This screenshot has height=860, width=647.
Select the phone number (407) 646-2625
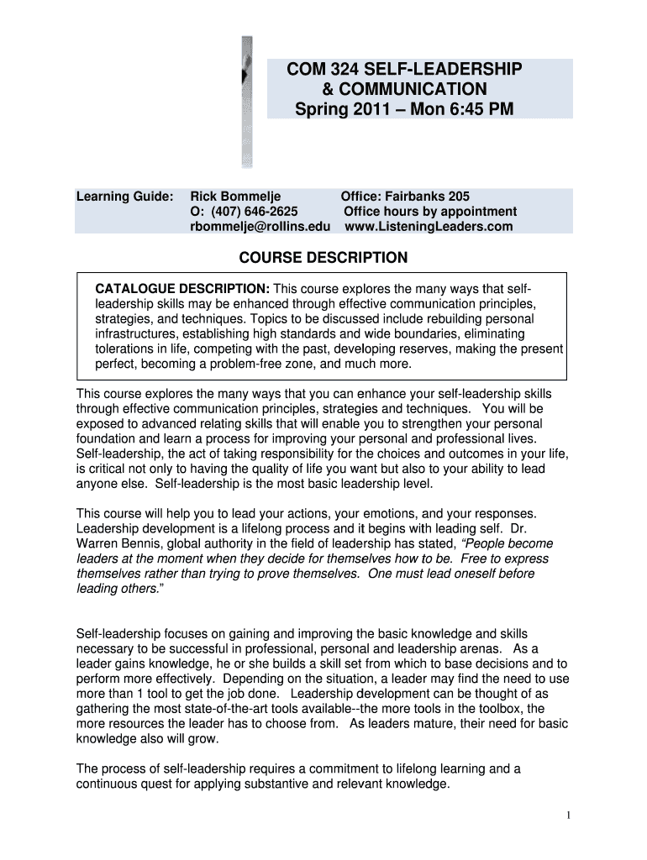click(x=244, y=211)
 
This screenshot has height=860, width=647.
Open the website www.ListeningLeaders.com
click(x=429, y=226)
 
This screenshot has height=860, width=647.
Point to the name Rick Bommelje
click(x=235, y=196)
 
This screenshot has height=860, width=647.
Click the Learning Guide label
click(x=124, y=196)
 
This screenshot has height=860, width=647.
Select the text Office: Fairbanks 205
click(x=405, y=196)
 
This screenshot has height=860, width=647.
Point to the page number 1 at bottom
click(x=569, y=815)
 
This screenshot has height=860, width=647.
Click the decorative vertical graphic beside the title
click(x=247, y=101)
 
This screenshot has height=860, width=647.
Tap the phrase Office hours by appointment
click(x=430, y=211)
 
